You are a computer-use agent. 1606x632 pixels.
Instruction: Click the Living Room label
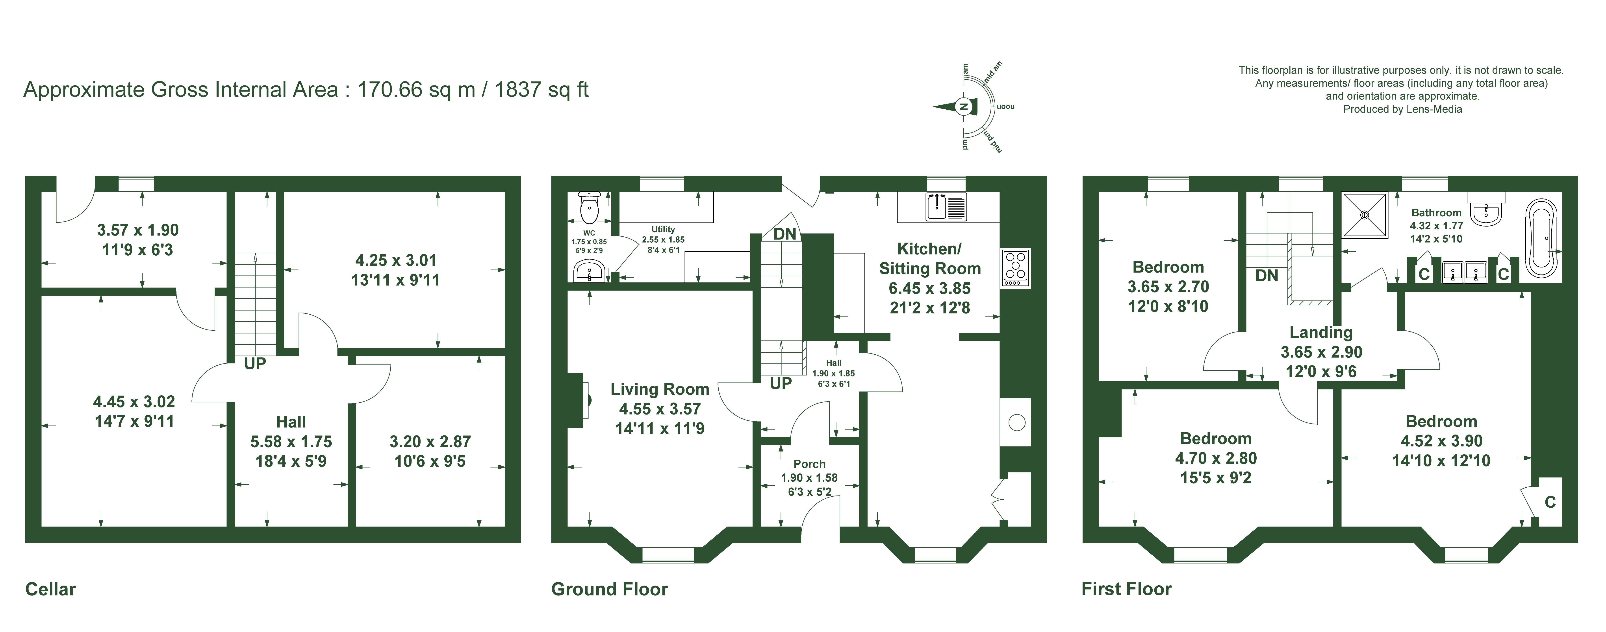click(x=660, y=390)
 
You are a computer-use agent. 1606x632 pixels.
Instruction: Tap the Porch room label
click(x=809, y=464)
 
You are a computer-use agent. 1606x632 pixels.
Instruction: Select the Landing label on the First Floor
click(x=1321, y=332)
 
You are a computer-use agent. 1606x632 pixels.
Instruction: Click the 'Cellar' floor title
click(x=50, y=589)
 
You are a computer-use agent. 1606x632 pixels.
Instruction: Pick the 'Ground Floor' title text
click(x=610, y=589)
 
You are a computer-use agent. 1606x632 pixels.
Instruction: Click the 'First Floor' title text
click(x=1127, y=589)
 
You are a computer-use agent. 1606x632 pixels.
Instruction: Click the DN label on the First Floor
click(x=1267, y=275)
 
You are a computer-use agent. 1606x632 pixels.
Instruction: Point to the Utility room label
click(x=663, y=229)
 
